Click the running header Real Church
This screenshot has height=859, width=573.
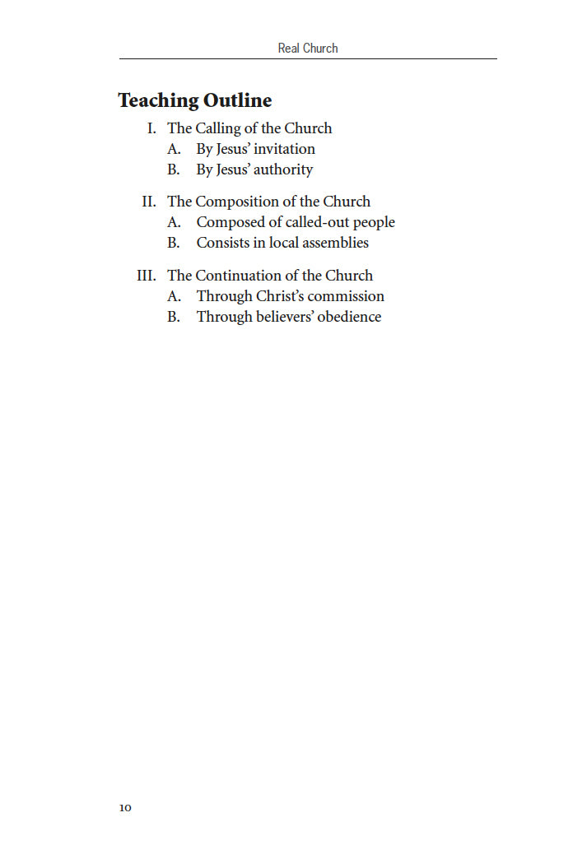pos(308,48)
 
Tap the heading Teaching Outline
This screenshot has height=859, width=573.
pos(195,100)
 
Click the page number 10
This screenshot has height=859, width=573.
pos(125,807)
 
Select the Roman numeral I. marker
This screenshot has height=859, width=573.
pos(151,128)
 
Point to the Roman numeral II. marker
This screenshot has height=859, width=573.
pos(149,202)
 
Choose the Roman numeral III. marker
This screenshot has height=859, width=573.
pos(147,276)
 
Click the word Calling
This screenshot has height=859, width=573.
pos(218,128)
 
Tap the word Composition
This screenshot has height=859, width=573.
pos(240,202)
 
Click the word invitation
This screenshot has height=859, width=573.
pos(284,149)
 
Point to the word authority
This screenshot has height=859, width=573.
pos(282,169)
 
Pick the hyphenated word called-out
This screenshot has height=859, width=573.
pos(318,222)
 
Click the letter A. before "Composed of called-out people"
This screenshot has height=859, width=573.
pos(174,222)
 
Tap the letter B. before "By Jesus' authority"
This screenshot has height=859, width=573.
pos(174,169)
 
